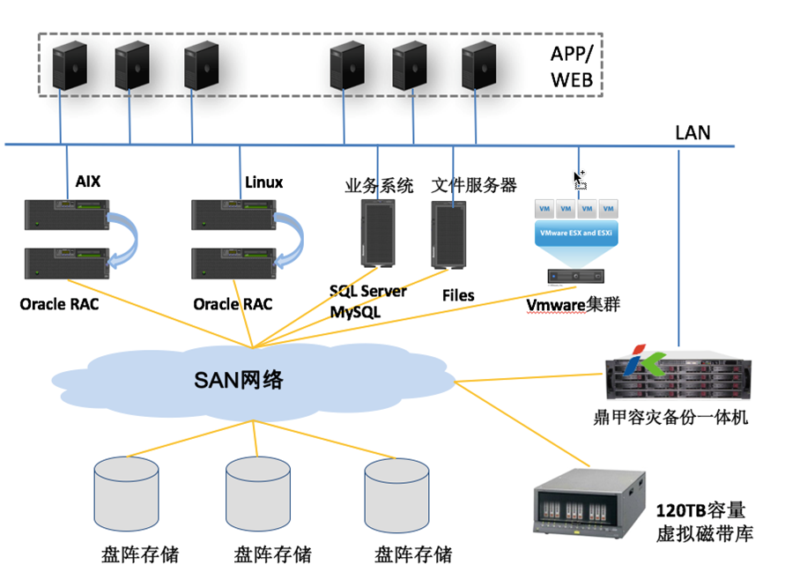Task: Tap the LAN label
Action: tap(692, 134)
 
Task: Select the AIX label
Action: tap(89, 182)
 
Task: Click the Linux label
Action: tap(263, 182)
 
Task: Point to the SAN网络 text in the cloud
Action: tap(239, 381)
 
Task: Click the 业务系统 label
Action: tap(379, 186)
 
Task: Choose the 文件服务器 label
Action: tap(474, 186)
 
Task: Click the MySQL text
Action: tap(357, 312)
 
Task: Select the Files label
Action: tap(458, 296)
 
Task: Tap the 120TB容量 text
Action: tap(701, 511)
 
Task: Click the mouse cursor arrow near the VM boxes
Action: tap(579, 180)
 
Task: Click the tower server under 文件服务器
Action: tap(451, 234)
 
